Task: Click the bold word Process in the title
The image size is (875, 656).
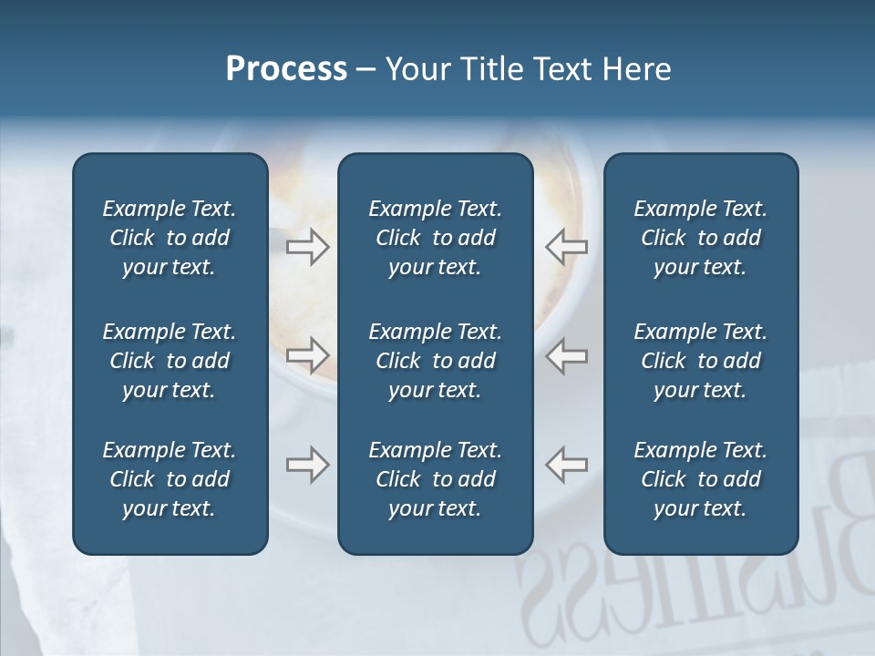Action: (286, 69)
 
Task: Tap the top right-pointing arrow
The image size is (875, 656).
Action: (308, 246)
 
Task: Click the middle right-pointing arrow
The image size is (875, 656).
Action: (308, 354)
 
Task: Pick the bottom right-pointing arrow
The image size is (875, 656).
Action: (308, 465)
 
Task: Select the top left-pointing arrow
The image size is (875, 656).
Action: (566, 246)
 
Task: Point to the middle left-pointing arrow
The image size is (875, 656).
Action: (566, 354)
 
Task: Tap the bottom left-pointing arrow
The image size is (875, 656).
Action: (566, 465)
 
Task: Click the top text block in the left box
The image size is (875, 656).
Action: (170, 238)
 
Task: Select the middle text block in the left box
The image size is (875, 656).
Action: (170, 361)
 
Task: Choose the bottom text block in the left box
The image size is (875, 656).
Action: (170, 479)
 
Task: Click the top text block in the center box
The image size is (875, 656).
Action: (435, 238)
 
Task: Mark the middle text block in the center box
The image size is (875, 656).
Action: (435, 361)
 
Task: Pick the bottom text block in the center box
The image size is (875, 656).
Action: (435, 479)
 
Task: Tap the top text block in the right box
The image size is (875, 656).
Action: (700, 238)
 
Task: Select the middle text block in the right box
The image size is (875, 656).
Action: (700, 361)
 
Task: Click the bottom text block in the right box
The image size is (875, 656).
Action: (700, 479)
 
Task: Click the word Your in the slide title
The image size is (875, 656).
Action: (420, 69)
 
